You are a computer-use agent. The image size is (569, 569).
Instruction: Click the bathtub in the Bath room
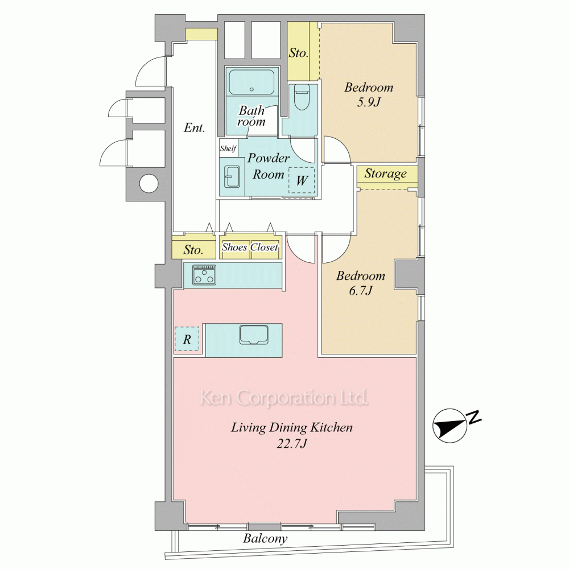(x=251, y=82)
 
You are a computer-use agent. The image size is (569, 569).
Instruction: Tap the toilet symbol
(x=301, y=97)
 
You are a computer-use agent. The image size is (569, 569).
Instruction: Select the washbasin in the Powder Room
(x=232, y=176)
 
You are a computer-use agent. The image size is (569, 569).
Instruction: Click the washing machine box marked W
(x=302, y=180)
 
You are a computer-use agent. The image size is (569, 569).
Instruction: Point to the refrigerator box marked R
(x=187, y=339)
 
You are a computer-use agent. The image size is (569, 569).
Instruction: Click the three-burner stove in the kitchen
(x=204, y=275)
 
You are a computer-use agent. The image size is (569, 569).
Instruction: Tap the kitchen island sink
(x=254, y=334)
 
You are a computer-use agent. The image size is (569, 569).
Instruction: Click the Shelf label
(x=228, y=148)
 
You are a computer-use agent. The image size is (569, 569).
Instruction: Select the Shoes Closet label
(x=250, y=247)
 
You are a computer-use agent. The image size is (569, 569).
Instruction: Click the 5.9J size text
(x=369, y=102)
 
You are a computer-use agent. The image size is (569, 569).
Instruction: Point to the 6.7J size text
(x=361, y=291)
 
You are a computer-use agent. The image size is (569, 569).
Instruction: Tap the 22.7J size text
(x=292, y=443)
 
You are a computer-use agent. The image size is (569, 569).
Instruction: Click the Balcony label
(x=265, y=538)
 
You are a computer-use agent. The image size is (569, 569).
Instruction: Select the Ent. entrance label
(x=195, y=127)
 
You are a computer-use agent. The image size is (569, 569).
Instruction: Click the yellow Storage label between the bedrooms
(x=385, y=174)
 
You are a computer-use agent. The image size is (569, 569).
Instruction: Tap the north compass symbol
(x=450, y=426)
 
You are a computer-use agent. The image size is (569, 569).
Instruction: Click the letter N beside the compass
(x=473, y=417)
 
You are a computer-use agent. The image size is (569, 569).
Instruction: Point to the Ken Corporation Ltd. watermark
(x=284, y=398)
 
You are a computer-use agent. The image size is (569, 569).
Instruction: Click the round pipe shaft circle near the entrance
(x=149, y=183)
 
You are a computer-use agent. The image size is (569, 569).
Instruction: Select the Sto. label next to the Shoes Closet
(x=193, y=250)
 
